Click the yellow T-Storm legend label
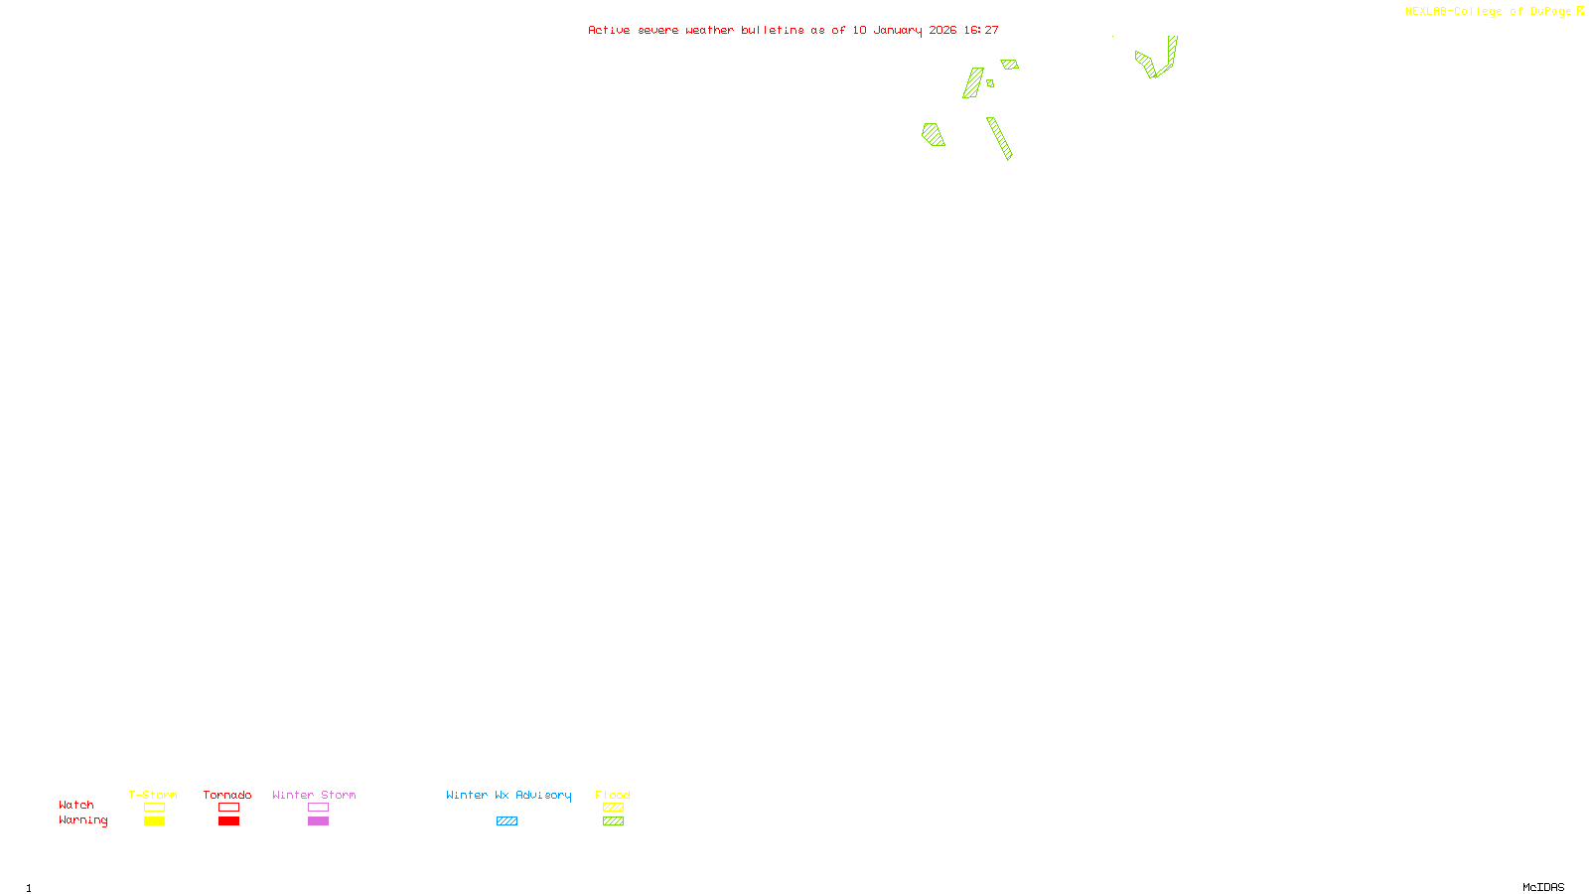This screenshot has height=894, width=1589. [153, 795]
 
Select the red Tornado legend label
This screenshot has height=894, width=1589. [227, 795]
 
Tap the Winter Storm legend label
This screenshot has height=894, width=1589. [314, 795]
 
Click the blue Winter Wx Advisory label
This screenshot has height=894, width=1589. [508, 795]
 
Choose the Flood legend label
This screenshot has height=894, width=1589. [613, 795]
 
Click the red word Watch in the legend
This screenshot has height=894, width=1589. [76, 805]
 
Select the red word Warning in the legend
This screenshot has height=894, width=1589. [82, 820]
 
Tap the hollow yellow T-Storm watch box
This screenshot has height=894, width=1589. [154, 808]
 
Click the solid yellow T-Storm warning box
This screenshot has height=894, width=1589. [154, 821]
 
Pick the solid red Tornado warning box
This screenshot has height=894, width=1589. [228, 821]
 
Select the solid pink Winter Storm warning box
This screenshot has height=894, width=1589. [318, 821]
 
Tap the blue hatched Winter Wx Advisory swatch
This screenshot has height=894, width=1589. [506, 821]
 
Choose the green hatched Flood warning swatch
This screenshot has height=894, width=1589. [613, 821]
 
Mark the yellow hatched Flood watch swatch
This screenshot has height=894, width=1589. [613, 808]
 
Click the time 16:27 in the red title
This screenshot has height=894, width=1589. [981, 30]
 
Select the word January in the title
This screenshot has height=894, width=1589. [898, 30]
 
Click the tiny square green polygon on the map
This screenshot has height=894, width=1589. [990, 83]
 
